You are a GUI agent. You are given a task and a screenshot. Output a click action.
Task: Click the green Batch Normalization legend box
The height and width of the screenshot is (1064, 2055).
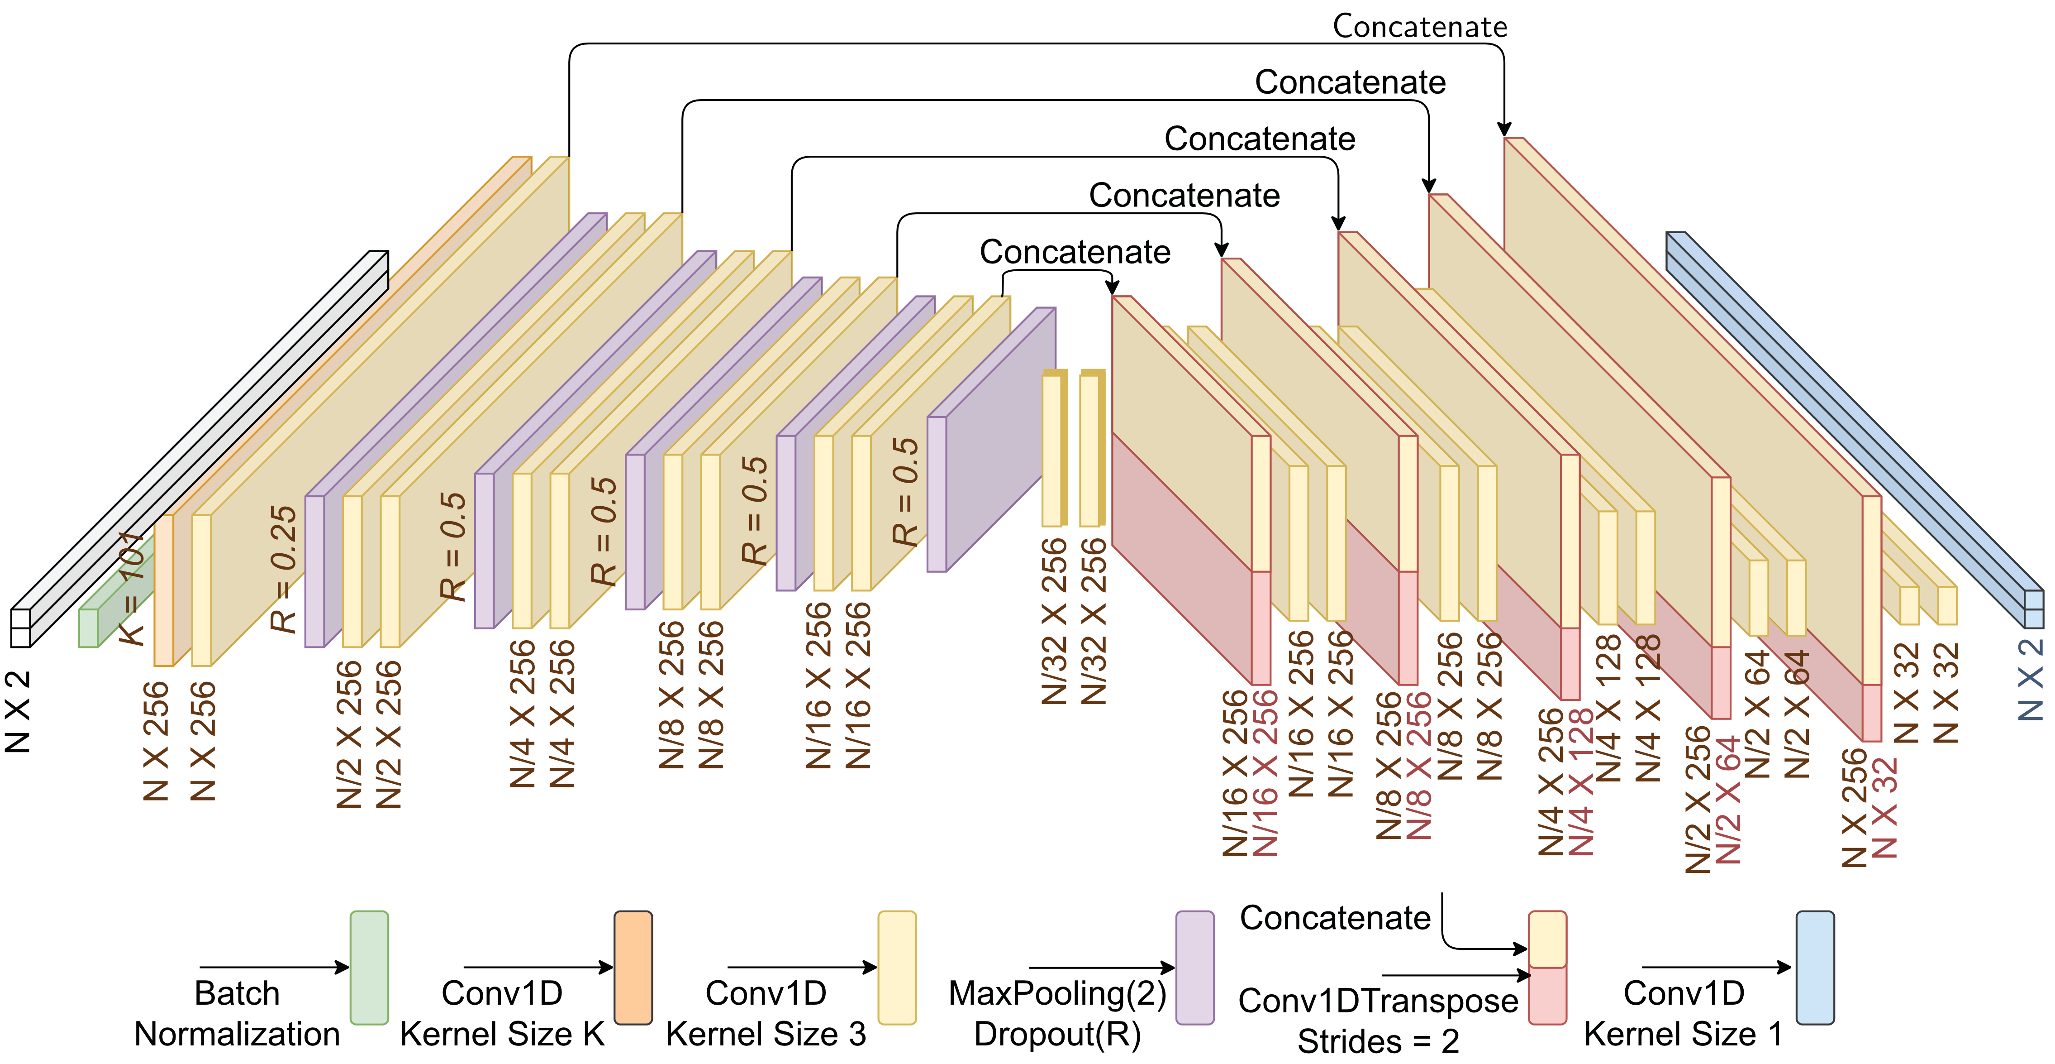point(369,968)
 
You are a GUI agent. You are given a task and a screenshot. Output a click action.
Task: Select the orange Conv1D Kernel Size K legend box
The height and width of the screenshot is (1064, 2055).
point(633,968)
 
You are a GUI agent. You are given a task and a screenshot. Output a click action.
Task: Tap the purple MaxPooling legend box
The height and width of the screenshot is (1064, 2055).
point(1194,968)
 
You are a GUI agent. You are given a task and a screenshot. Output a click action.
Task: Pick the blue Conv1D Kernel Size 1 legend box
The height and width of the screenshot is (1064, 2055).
point(1815,968)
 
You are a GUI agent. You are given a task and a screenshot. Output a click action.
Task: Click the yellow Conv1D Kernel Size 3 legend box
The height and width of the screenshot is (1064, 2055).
point(897,968)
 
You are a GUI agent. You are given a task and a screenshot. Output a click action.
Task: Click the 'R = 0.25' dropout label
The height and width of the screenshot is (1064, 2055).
point(283,568)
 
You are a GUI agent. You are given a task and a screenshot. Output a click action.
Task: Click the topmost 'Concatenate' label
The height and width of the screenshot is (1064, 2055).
point(1420,26)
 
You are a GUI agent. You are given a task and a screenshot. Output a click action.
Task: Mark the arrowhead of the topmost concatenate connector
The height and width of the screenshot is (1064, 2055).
point(1504,130)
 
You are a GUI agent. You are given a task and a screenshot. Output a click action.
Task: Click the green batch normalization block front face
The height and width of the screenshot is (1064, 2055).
point(88,628)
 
